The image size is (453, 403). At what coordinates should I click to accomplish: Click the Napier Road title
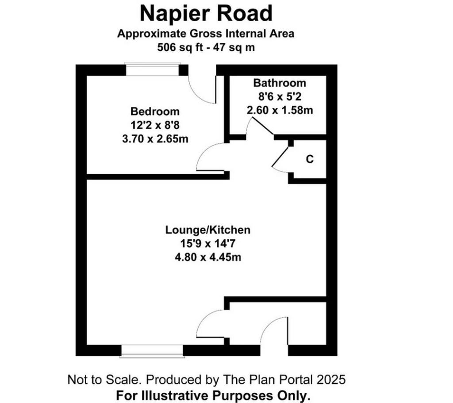point(206,14)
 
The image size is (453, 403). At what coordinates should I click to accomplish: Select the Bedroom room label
point(155,111)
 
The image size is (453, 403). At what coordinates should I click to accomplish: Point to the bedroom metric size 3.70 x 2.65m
point(155,139)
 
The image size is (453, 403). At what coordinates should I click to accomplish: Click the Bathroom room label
point(280,83)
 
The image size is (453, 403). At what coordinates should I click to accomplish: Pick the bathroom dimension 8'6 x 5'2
point(280,96)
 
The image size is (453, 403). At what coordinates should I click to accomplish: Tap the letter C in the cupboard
point(310,159)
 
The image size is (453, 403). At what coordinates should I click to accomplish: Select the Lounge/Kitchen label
point(208,230)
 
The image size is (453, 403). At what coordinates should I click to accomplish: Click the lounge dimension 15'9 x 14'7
point(208,244)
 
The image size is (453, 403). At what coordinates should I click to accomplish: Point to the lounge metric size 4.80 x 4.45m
point(208,257)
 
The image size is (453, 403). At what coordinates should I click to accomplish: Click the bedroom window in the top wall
point(153,69)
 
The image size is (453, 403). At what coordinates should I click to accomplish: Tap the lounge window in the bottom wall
point(152,351)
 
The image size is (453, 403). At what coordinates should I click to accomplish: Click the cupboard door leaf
point(280,156)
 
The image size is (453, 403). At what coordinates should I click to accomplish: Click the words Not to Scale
point(104,379)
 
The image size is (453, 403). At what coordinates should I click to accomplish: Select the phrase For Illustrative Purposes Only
point(213,395)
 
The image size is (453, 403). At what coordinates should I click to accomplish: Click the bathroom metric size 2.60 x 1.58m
point(280,110)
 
